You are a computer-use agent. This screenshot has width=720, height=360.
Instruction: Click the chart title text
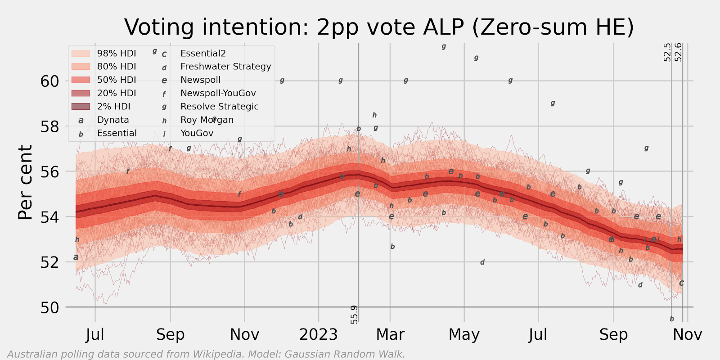pyautogui.click(x=379, y=27)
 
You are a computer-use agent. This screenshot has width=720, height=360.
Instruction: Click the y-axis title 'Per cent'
pyautogui.click(x=26, y=182)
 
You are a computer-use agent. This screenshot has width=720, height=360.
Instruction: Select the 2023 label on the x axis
pyautogui.click(x=318, y=335)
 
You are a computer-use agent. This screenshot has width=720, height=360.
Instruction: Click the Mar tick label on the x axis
pyautogui.click(x=390, y=335)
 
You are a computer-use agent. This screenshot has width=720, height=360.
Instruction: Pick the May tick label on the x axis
pyautogui.click(x=464, y=335)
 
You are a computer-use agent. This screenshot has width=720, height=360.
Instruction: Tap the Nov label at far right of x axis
pyautogui.click(x=687, y=335)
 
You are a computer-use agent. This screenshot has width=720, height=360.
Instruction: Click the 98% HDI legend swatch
pyautogui.click(x=81, y=54)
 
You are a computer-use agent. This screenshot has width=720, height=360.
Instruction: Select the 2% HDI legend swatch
pyautogui.click(x=81, y=107)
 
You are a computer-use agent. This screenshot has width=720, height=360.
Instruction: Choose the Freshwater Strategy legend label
pyautogui.click(x=225, y=67)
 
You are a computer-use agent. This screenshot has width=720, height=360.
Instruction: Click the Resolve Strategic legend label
pyautogui.click(x=219, y=107)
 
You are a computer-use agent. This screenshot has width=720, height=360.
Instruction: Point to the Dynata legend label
pyautogui.click(x=113, y=120)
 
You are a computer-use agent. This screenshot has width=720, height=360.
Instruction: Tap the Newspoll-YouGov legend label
pyautogui.click(x=218, y=93)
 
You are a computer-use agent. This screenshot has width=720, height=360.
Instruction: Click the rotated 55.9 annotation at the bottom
pyautogui.click(x=355, y=315)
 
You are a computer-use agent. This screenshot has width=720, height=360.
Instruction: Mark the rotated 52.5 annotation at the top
pyautogui.click(x=667, y=52)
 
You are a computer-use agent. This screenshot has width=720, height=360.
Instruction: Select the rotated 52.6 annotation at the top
pyautogui.click(x=678, y=52)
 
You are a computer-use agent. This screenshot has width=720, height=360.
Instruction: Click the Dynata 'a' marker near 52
pyautogui.click(x=76, y=257)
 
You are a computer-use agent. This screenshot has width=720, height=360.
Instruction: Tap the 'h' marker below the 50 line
pyautogui.click(x=671, y=319)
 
